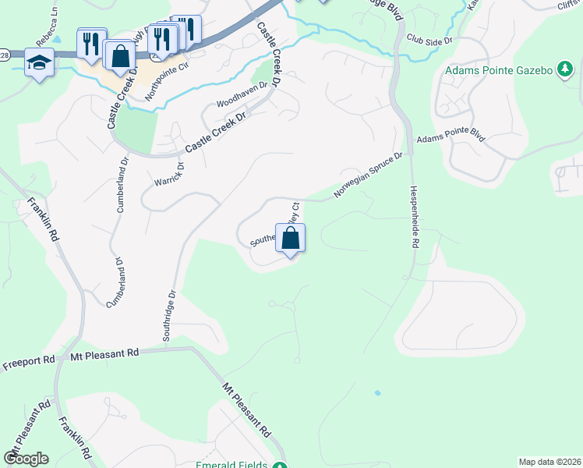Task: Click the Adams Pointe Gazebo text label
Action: pyautogui.click(x=500, y=71)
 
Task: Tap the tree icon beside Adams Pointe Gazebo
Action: pyautogui.click(x=563, y=71)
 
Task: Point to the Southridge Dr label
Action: pyautogui.click(x=170, y=317)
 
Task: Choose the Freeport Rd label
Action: pyautogui.click(x=28, y=362)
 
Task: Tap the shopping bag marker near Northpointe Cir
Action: pyautogui.click(x=120, y=56)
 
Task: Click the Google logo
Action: pyautogui.click(x=26, y=458)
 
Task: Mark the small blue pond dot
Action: pyautogui.click(x=378, y=392)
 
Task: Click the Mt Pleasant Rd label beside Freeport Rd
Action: pyautogui.click(x=104, y=353)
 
